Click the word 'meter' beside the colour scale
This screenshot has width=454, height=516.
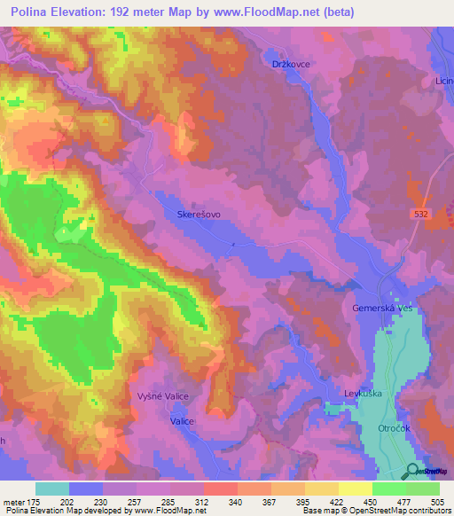pos(13,501)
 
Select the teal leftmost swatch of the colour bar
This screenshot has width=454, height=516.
pos(52,489)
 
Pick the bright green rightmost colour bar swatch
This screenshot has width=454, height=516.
pos(423,489)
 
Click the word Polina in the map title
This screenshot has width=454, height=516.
pos(34,12)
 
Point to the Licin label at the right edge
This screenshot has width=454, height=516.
pos(443,81)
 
